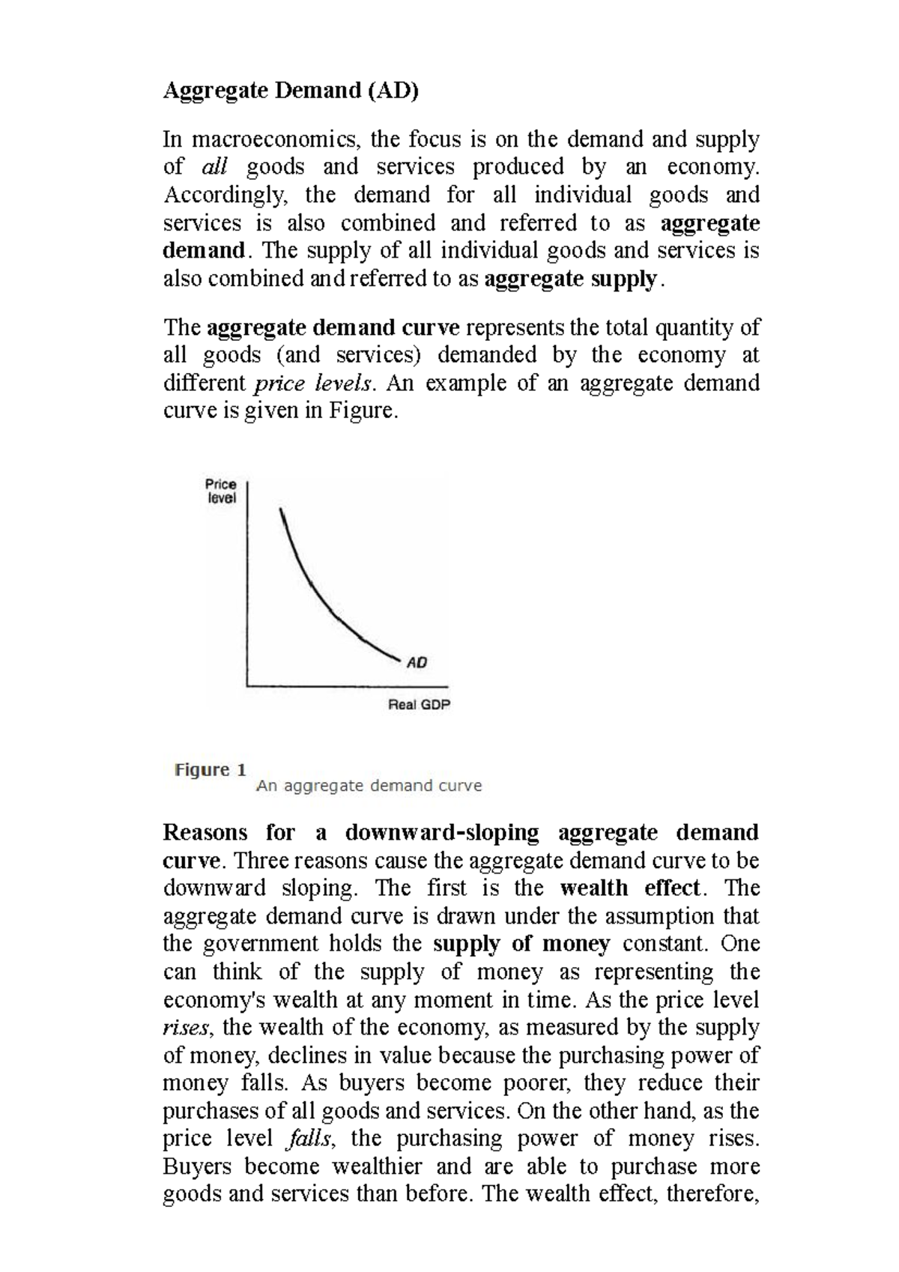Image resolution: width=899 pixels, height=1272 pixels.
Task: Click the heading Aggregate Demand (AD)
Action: pos(291,91)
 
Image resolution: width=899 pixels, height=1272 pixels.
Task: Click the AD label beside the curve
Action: pos(417,662)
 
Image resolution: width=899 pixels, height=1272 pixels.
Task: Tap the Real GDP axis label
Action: pos(419,705)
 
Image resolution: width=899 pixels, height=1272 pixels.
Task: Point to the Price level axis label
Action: pos(222,491)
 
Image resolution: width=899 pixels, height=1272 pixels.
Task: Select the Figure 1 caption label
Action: pos(211,770)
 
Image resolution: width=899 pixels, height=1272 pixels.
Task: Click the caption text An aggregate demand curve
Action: pos(369,786)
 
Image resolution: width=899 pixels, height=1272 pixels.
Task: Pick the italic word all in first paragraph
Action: pos(215,166)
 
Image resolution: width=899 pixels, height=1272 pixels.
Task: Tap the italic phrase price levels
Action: pos(313,384)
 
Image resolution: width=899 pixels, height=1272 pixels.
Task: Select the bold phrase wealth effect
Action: pos(630,888)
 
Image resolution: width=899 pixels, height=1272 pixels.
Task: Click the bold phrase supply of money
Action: pos(521,944)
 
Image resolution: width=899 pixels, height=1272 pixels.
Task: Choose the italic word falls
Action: pos(307,1139)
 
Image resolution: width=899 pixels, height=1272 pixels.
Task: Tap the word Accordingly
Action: pos(225,195)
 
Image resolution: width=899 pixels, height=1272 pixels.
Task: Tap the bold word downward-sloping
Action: pos(442,833)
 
